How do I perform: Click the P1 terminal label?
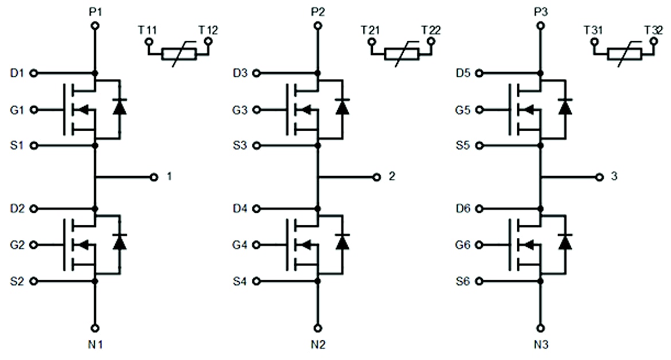(95, 10)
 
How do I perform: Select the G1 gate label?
(18, 109)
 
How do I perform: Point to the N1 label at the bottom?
(95, 346)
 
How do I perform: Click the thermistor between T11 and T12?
(179, 54)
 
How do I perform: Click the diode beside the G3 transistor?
(342, 107)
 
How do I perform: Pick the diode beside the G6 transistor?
(565, 242)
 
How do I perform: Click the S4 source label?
(240, 281)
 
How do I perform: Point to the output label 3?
(614, 177)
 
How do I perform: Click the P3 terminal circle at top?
(540, 26)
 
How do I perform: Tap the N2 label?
(318, 346)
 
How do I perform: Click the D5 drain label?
(463, 73)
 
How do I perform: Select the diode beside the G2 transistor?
(119, 242)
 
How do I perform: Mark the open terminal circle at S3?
(256, 146)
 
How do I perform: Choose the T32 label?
(653, 30)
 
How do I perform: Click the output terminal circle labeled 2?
(376, 177)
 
